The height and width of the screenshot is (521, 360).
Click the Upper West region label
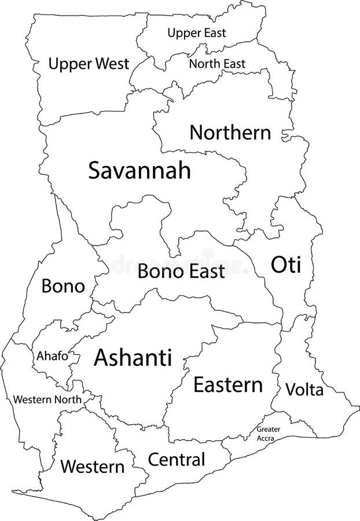tap(89, 64)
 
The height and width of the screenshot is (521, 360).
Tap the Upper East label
tap(196, 33)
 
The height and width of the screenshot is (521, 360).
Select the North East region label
tap(217, 64)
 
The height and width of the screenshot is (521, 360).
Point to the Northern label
tap(230, 133)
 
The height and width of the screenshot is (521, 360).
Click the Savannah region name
tap(139, 170)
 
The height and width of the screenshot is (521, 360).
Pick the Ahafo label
tap(52, 356)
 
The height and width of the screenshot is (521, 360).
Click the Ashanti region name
tap(133, 358)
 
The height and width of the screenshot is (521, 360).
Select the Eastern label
tap(228, 385)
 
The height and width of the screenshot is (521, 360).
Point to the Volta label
tap(304, 390)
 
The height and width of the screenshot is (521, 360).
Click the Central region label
tap(177, 460)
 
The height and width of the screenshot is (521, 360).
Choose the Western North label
tap(47, 399)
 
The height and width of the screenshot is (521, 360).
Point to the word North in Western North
tap(68, 399)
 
